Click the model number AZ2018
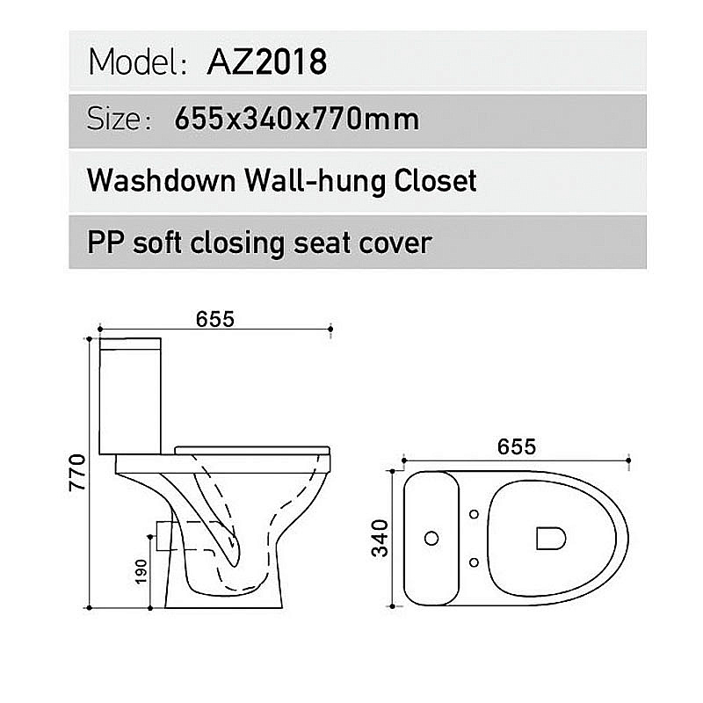(x=267, y=62)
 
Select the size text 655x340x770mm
(x=297, y=118)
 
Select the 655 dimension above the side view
(x=216, y=319)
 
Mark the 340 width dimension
(x=380, y=538)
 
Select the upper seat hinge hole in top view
(x=475, y=514)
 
